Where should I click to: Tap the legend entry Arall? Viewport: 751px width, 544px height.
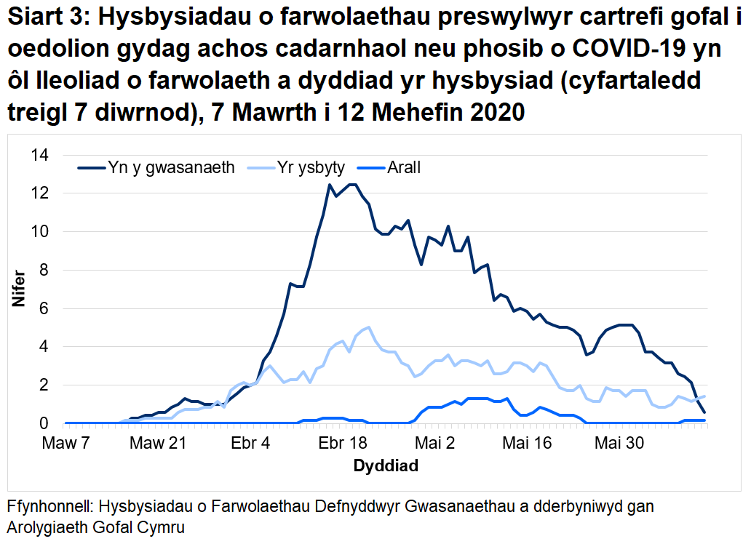coord(403,168)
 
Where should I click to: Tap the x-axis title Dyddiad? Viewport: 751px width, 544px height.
coord(385,466)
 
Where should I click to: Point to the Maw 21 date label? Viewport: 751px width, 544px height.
coord(163,443)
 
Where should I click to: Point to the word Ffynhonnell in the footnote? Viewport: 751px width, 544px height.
coord(49,507)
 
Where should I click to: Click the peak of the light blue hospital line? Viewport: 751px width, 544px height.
coord(369,327)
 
